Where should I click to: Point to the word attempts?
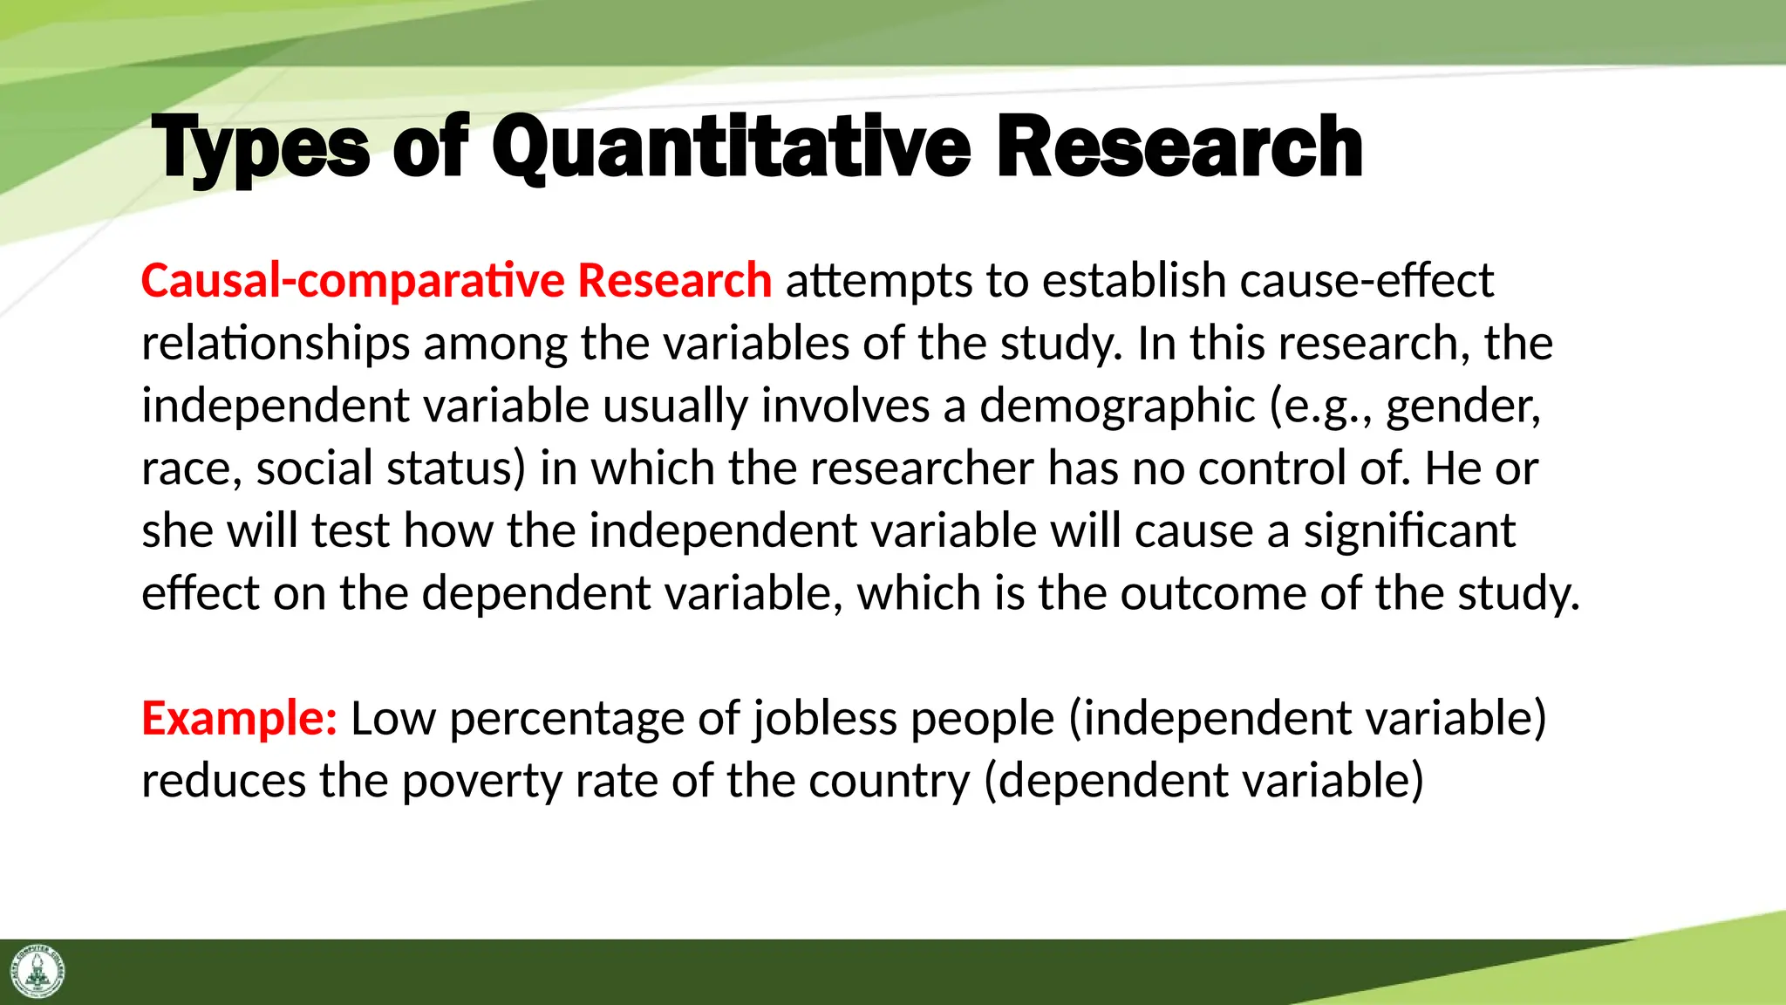click(879, 281)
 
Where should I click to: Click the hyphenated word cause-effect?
click(1367, 281)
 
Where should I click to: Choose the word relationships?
click(276, 344)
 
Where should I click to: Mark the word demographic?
click(1117, 407)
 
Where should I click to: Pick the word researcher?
click(922, 469)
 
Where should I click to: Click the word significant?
click(1409, 531)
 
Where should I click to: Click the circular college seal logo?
click(37, 971)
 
